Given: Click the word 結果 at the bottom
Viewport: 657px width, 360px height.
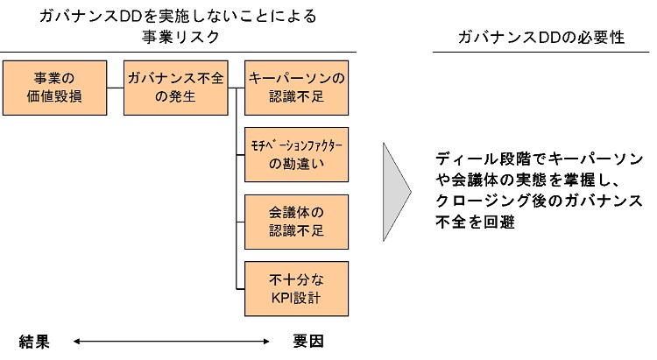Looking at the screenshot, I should click(x=36, y=340).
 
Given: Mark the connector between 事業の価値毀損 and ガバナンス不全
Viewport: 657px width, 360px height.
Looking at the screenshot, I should click(x=115, y=88).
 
